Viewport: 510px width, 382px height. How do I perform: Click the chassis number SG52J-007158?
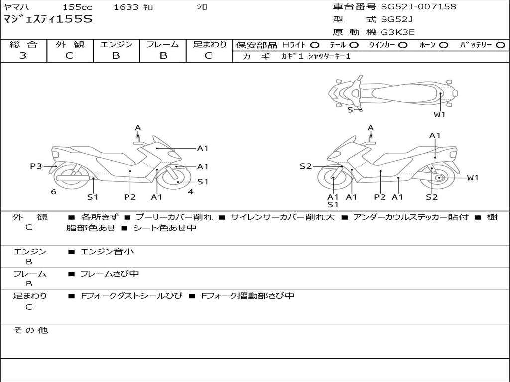coord(418,7)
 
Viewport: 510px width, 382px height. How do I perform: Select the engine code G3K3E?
coord(398,32)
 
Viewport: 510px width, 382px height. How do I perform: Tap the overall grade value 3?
coord(23,56)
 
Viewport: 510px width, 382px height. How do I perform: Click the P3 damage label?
coord(36,166)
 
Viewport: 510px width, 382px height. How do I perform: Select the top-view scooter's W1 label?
coord(439,115)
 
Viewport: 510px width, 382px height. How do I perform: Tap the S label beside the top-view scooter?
coord(350,110)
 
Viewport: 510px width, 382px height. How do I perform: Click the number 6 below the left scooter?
coord(53,192)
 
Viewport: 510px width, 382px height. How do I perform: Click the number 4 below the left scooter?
coord(190,192)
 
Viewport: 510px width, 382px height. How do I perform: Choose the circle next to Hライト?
coord(314,45)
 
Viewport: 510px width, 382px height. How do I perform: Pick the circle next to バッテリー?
coord(500,45)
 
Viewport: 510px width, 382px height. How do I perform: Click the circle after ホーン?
coord(443,45)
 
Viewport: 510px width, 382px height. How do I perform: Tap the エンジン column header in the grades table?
coord(116,44)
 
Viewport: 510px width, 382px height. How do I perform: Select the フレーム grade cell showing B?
coord(163,56)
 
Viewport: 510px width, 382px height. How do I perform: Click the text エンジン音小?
coord(107,252)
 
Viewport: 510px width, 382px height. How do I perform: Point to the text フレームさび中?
coord(110,274)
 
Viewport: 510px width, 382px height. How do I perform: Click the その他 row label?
coord(31,330)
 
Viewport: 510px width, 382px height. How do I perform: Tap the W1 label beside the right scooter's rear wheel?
coord(472,178)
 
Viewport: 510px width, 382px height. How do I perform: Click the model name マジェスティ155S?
coord(48,20)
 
